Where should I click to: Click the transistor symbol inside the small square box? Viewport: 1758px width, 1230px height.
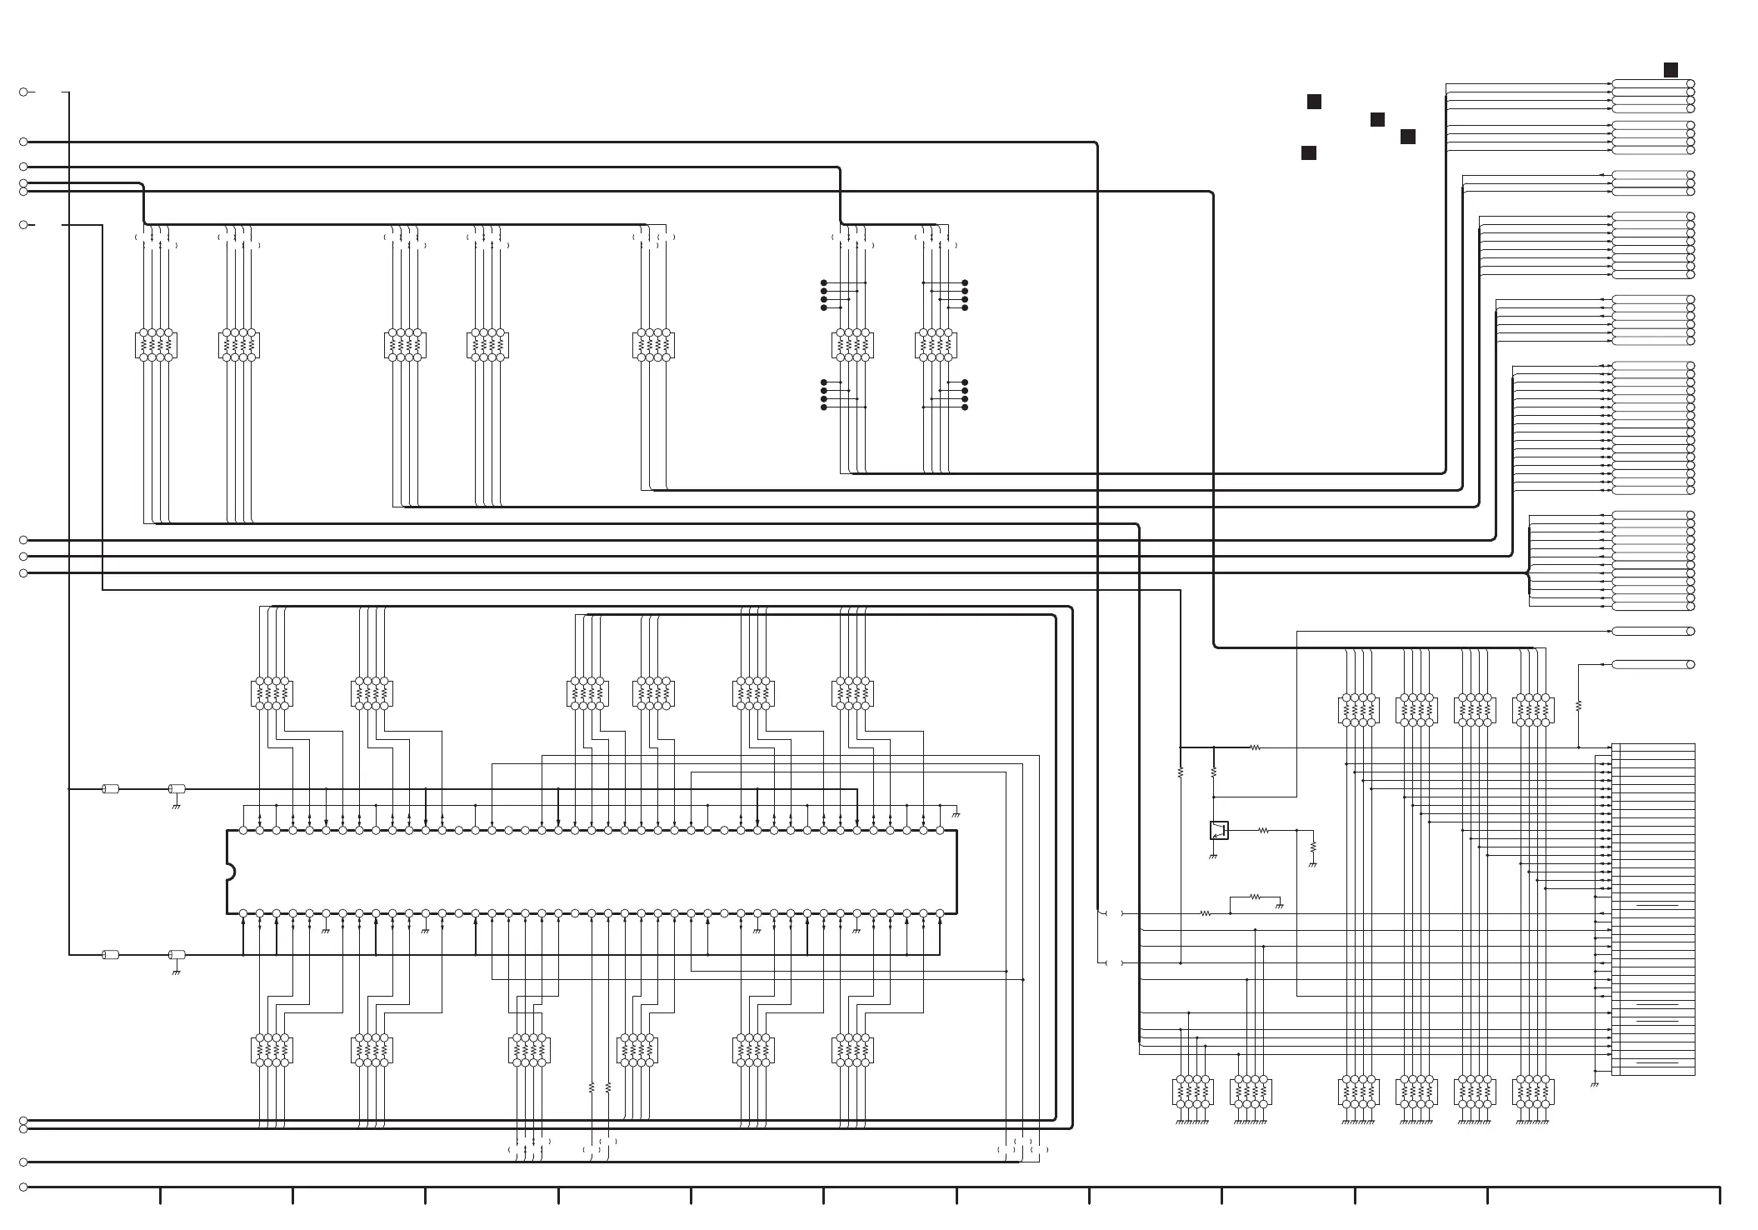click(1218, 830)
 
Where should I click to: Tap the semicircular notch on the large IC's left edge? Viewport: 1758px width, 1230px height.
click(230, 872)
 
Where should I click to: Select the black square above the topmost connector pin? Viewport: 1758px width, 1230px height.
click(1671, 70)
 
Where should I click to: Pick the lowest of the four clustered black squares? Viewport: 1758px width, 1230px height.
click(1309, 152)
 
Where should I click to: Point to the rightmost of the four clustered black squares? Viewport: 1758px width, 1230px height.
click(1408, 137)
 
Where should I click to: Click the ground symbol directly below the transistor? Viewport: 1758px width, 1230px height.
click(1213, 856)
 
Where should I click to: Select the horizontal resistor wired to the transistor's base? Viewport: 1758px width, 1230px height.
click(1264, 830)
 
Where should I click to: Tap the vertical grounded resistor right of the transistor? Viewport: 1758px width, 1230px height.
click(1313, 847)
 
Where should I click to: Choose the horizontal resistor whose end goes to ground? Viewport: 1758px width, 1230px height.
click(1256, 897)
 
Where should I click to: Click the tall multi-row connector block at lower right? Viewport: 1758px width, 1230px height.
click(1653, 908)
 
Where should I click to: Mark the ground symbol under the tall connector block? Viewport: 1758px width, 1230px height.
click(1595, 1084)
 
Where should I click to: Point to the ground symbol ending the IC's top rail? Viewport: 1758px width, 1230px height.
click(956, 814)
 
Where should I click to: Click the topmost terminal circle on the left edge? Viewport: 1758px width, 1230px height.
click(23, 92)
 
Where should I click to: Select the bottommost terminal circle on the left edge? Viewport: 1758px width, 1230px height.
click(23, 1187)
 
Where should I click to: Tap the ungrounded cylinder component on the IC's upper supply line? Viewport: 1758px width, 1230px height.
click(110, 788)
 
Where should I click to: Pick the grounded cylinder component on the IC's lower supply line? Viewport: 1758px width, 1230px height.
click(177, 954)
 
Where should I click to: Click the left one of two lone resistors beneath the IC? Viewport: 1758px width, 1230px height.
click(592, 1087)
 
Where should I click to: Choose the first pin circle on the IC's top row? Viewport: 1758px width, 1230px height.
click(243, 830)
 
